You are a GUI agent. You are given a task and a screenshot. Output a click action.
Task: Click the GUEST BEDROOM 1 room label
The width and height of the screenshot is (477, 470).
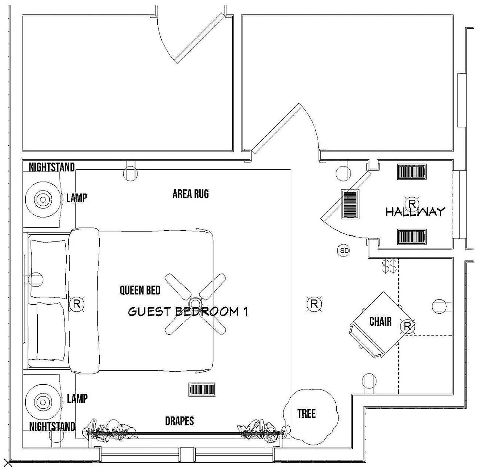click(188, 312)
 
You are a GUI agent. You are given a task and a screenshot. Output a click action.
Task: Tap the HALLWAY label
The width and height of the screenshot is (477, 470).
click(415, 211)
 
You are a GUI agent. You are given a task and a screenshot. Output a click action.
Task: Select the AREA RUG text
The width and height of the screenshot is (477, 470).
click(191, 194)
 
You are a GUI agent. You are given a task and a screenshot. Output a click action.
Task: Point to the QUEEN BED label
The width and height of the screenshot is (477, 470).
click(140, 290)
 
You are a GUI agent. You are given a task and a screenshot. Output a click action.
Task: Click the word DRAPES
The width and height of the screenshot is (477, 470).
click(179, 421)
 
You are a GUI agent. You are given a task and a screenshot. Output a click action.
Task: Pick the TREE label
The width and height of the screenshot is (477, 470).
click(306, 413)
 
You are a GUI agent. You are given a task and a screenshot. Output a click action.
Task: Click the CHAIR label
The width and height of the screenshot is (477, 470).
click(380, 321)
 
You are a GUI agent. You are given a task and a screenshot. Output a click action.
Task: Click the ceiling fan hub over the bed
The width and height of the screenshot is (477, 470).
click(195, 303)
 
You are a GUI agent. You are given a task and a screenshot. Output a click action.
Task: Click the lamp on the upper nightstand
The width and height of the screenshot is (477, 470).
click(43, 199)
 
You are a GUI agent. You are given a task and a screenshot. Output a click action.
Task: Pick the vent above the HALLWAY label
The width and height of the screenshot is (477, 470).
click(411, 172)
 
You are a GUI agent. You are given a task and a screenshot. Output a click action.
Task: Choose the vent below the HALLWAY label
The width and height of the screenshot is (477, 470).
click(411, 236)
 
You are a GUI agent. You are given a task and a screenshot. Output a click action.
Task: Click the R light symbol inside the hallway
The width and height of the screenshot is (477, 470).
click(412, 203)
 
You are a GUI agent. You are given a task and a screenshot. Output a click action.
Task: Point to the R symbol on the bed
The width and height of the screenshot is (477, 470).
click(77, 304)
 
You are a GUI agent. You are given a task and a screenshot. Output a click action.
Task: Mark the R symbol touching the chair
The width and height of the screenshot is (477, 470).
click(407, 327)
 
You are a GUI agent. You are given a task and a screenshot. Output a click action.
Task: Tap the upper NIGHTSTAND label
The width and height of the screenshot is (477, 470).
click(51, 167)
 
